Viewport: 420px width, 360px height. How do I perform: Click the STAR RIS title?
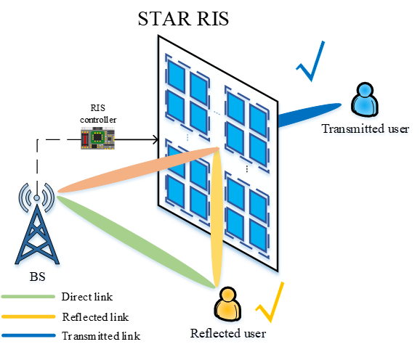coord(183,19)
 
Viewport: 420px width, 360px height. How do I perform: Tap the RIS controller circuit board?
coord(98,139)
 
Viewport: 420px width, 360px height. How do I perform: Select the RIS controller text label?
coord(98,114)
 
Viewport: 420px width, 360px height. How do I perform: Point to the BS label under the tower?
coord(37,277)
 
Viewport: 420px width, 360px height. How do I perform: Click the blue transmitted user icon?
coord(365,99)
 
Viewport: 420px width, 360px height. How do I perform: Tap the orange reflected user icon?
coord(227,304)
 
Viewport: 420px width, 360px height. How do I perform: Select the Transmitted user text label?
coord(366,128)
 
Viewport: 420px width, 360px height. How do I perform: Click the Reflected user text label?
coord(228,333)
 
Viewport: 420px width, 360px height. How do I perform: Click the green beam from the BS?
coord(136,242)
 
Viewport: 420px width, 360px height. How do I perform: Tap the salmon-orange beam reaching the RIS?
coord(139,170)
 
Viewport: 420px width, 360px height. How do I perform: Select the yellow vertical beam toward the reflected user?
coord(217,217)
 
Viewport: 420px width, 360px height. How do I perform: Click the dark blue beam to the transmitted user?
coord(310,115)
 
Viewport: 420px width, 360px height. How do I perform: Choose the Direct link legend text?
coord(87,297)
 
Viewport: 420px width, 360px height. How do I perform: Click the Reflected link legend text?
coord(95,317)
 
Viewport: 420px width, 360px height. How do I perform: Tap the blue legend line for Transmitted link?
coord(28,335)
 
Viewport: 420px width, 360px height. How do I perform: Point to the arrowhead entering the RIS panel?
coord(155,139)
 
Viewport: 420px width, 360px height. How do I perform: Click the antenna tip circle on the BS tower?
coord(37,198)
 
